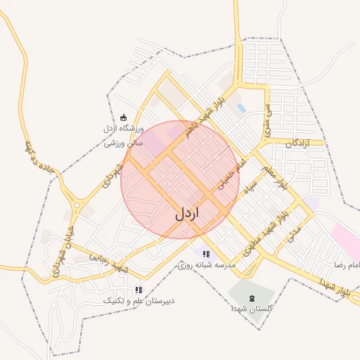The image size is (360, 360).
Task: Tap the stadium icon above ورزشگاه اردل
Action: (x=124, y=117)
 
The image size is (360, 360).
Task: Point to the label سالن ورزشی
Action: (x=124, y=143)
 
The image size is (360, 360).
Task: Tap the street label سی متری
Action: (x=267, y=120)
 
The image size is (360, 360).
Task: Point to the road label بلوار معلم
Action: (x=276, y=176)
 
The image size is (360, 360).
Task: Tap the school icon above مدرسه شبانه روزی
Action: (x=206, y=254)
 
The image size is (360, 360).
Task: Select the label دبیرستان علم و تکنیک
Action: (x=139, y=301)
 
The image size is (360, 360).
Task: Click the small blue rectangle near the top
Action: (x=242, y=108)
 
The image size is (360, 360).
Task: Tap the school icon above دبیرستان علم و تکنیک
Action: (x=139, y=290)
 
